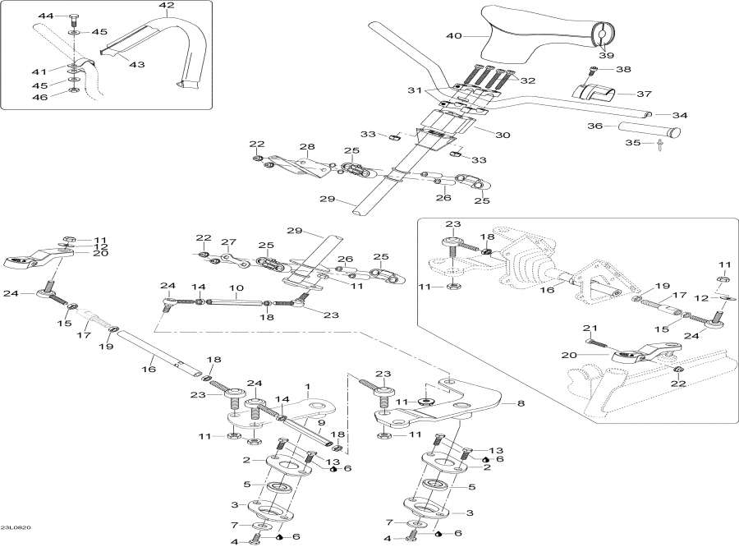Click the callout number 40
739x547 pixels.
pyautogui.click(x=454, y=36)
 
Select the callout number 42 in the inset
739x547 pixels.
pyautogui.click(x=167, y=6)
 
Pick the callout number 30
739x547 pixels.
pyautogui.click(x=503, y=135)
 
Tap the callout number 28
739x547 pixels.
pyautogui.click(x=307, y=148)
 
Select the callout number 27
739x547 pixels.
pyautogui.click(x=228, y=242)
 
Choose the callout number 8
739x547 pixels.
pyautogui.click(x=519, y=403)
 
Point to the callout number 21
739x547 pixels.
pyautogui.click(x=587, y=329)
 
